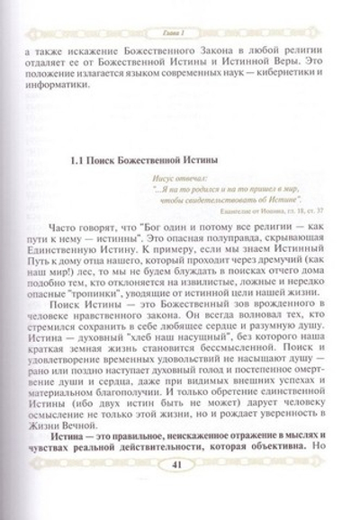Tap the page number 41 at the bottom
(x=181, y=492)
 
